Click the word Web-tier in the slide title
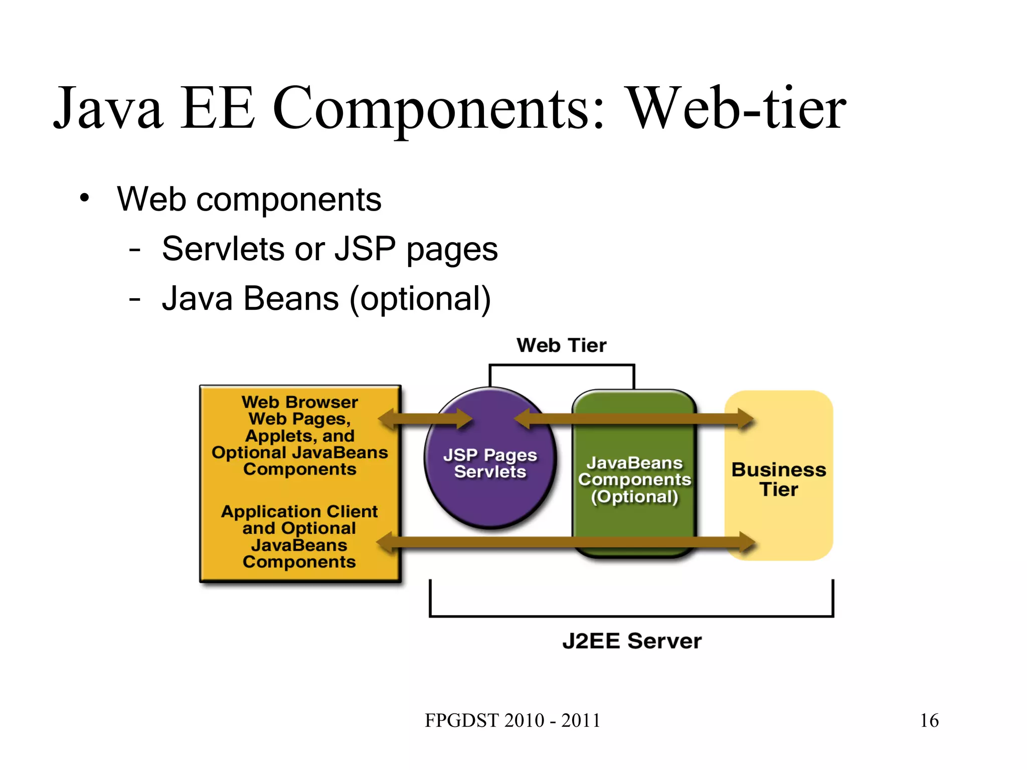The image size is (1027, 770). pos(737,109)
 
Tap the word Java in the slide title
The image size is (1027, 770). pos(108,109)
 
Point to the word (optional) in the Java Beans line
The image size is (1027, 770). pos(420,299)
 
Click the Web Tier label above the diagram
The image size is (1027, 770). pos(561,345)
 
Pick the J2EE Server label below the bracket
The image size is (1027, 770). pos(632,641)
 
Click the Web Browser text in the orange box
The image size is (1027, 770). pos(299,403)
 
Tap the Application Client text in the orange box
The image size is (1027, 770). pos(299,511)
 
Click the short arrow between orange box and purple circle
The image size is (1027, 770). pos(425,419)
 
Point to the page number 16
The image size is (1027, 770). pos(929,720)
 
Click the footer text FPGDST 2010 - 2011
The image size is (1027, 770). pos(512,720)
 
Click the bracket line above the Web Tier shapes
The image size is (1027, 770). pos(562,365)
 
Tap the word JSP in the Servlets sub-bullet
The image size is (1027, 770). pos(365,249)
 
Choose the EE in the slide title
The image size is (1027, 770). pos(217,109)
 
